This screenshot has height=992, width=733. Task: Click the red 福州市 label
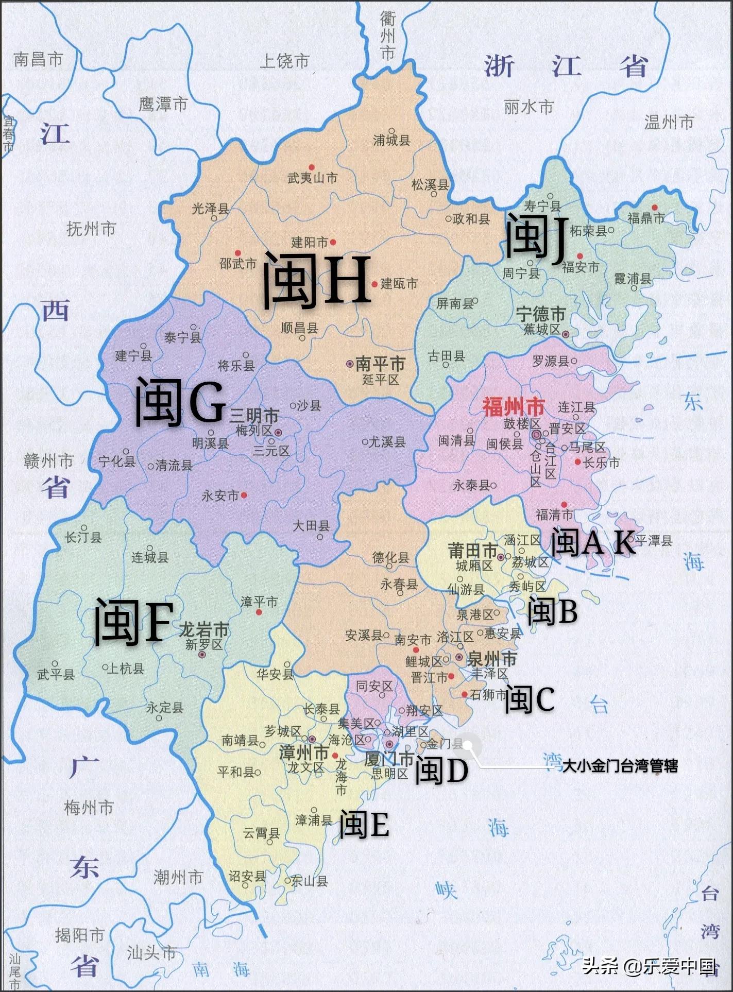(x=513, y=407)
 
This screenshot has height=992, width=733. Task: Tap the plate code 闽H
(x=317, y=281)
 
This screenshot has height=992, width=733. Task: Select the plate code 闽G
(x=180, y=402)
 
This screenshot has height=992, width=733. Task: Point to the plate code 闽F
(x=132, y=622)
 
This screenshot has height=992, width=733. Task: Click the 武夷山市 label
(x=312, y=178)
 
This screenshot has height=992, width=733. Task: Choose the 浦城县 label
(x=391, y=140)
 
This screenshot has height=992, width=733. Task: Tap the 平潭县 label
(x=653, y=540)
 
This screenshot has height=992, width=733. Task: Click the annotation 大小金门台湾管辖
(x=620, y=766)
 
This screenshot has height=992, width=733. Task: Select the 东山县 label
(x=309, y=881)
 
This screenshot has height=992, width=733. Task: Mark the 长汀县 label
(x=83, y=537)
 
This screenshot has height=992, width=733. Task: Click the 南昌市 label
(x=38, y=59)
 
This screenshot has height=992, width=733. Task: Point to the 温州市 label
(x=669, y=122)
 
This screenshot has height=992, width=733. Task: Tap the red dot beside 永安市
(x=244, y=495)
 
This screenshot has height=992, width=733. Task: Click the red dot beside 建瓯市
(x=374, y=284)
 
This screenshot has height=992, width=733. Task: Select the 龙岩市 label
(x=203, y=629)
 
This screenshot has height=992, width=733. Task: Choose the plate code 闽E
(x=364, y=824)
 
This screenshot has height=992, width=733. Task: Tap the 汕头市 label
(x=151, y=953)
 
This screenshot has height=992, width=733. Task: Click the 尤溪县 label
(x=386, y=442)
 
